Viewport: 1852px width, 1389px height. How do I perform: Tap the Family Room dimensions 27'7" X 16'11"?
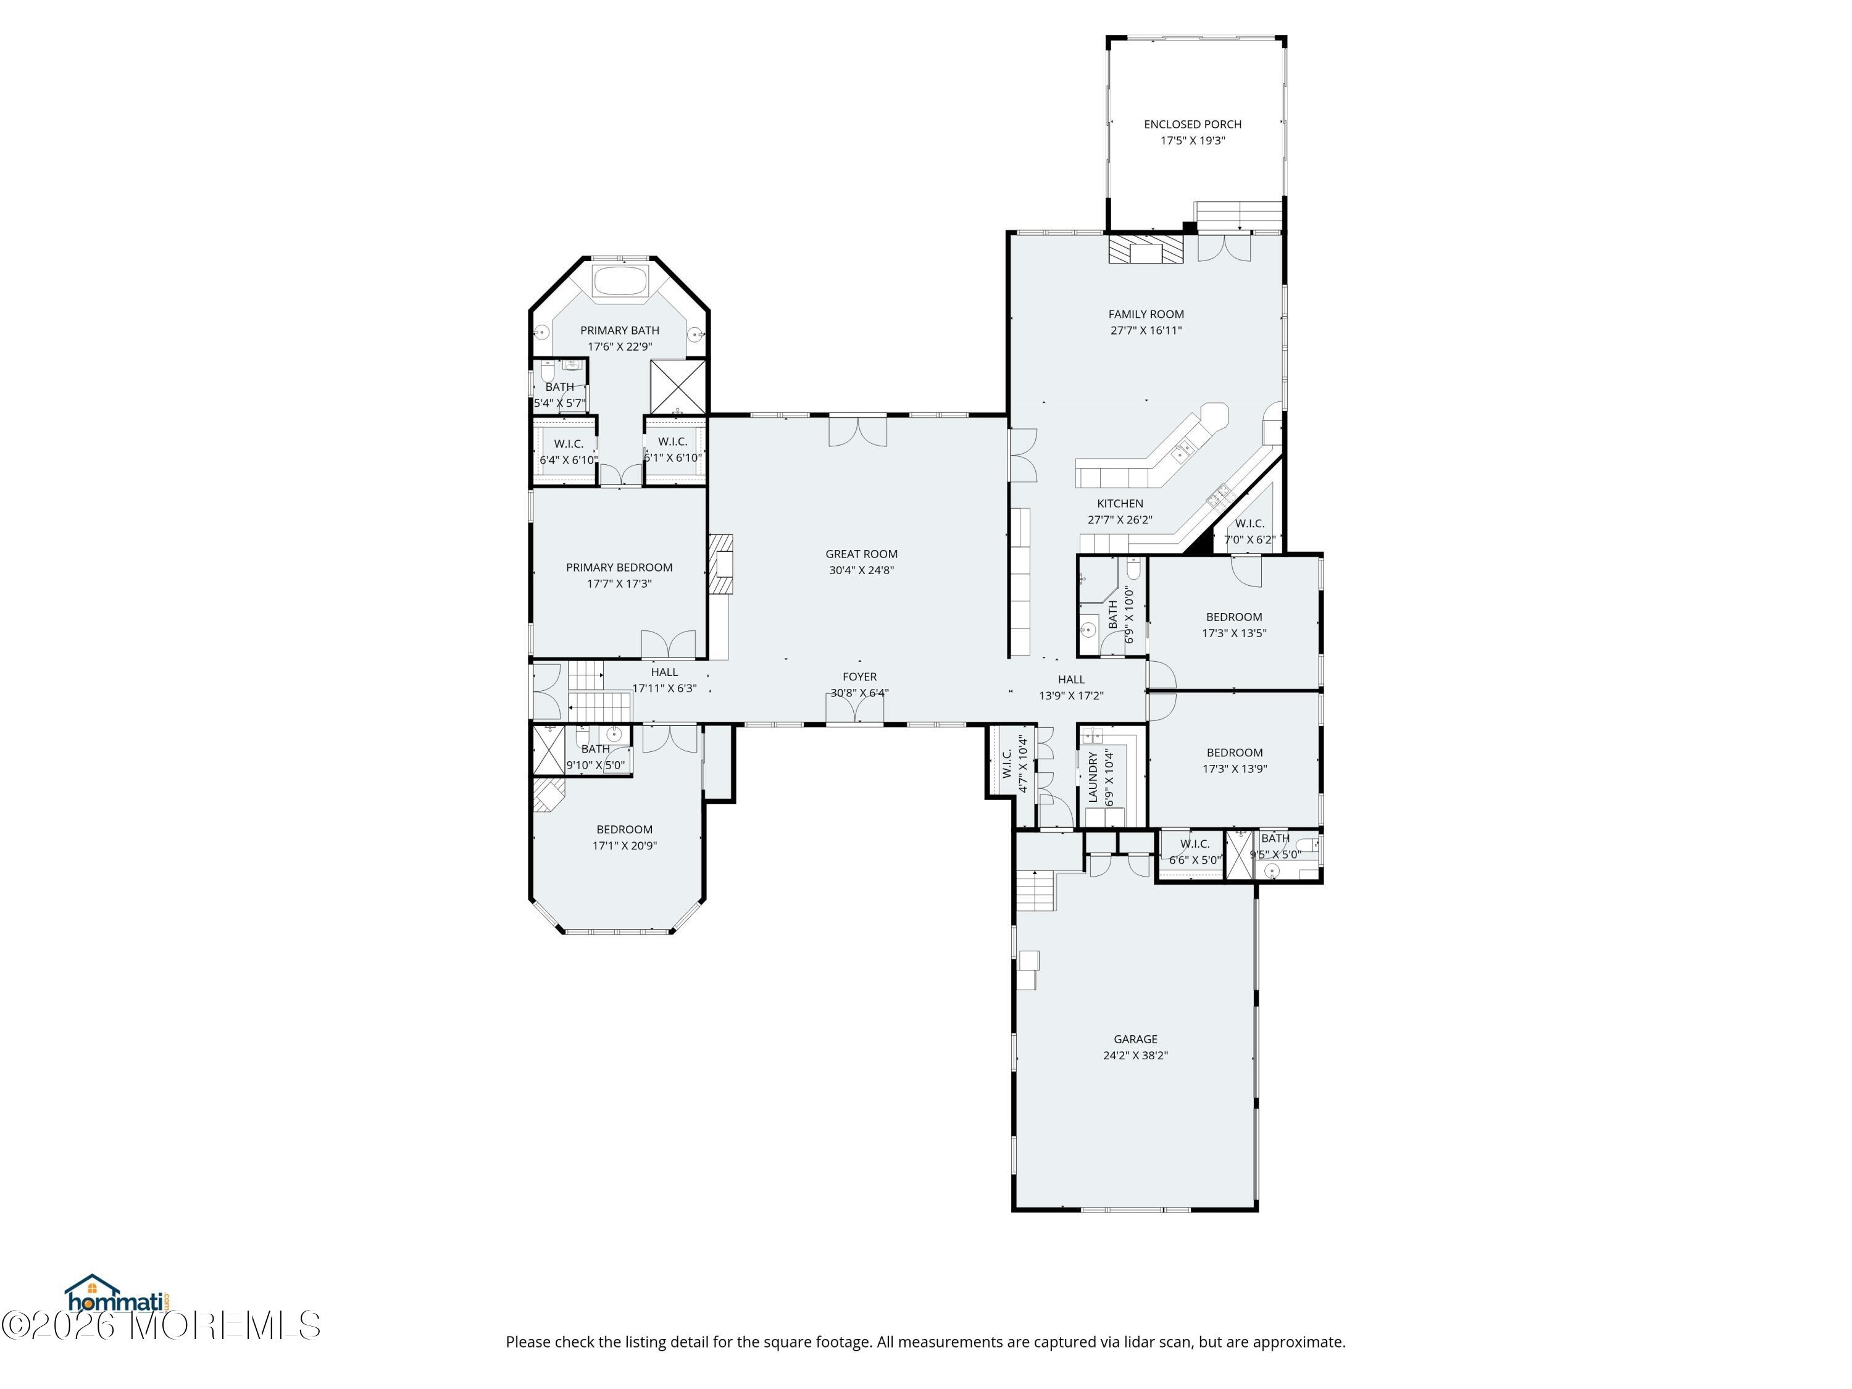[x=1146, y=330]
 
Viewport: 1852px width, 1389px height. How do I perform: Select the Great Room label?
[x=862, y=553]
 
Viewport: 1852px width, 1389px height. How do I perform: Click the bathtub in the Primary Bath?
[x=620, y=280]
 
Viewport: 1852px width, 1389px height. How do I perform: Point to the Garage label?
[x=1135, y=1039]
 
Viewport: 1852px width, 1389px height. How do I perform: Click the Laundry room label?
[x=1093, y=777]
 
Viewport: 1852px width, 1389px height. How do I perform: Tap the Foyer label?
[x=860, y=677]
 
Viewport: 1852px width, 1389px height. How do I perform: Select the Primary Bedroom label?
[x=620, y=567]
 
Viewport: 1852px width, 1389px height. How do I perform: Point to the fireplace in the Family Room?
[x=1147, y=249]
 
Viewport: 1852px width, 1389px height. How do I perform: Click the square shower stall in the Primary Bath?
[x=678, y=387]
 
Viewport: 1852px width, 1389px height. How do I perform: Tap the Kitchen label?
[x=1120, y=503]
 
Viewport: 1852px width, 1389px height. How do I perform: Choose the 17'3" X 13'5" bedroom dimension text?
[x=1234, y=633]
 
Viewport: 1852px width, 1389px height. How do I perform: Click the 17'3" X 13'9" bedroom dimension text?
[x=1235, y=769]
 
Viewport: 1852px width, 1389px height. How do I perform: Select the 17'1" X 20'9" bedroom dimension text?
[x=625, y=846]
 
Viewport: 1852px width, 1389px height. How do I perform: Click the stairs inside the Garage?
[x=1036, y=891]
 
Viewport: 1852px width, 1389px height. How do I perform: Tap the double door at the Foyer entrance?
[x=855, y=710]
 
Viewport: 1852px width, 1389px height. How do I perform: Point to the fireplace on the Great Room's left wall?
[x=721, y=564]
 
